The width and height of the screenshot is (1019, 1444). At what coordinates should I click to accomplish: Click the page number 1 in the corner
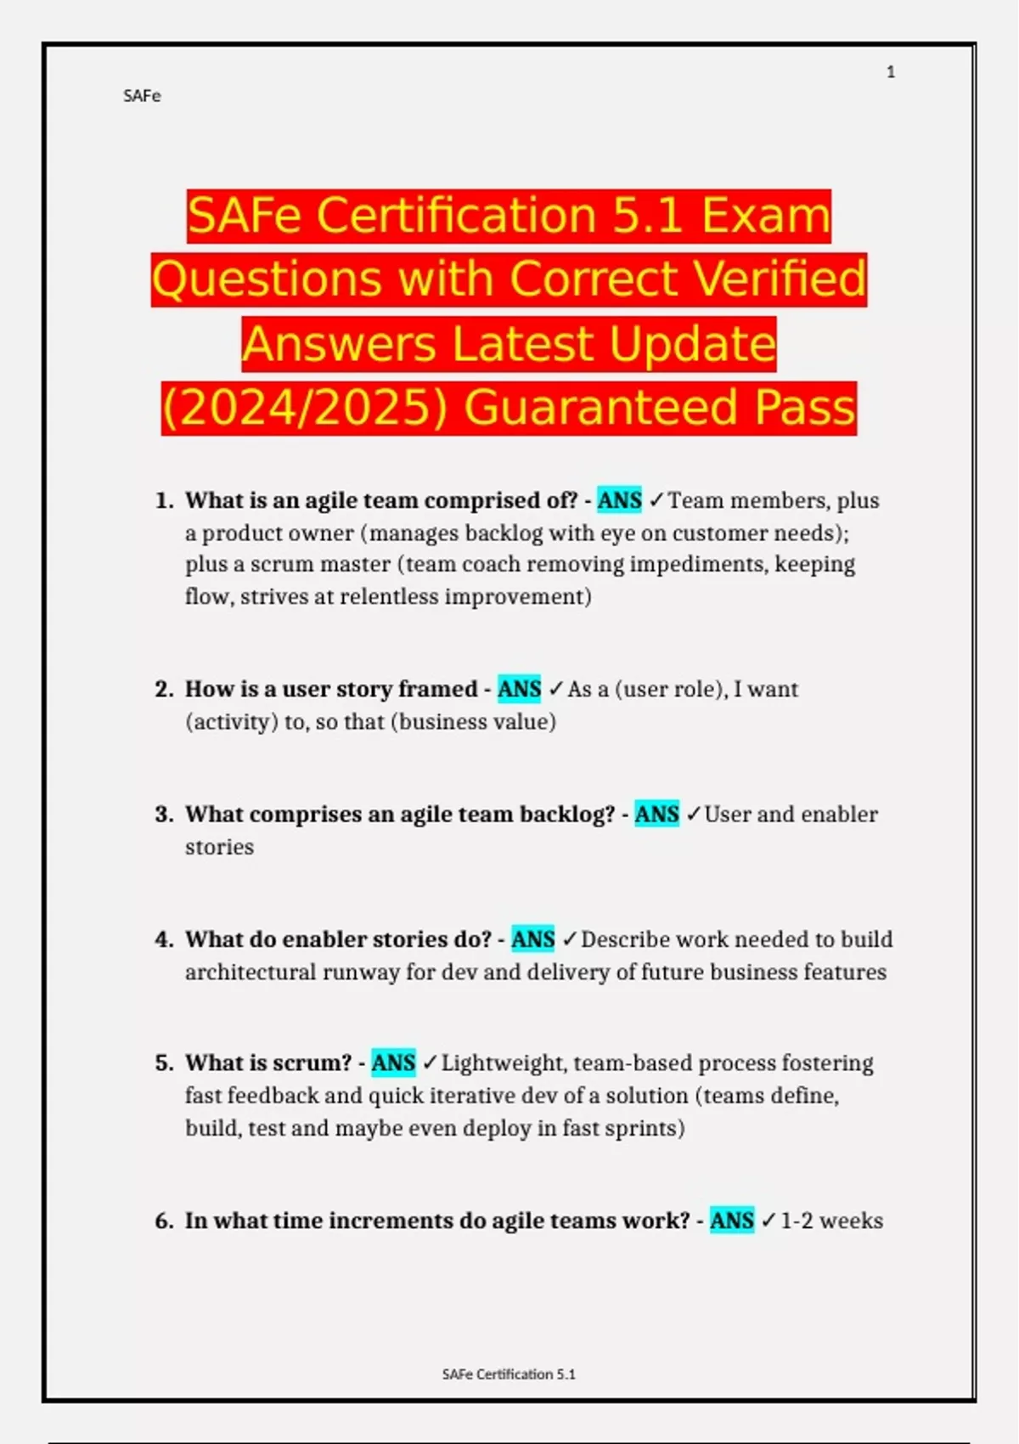(x=891, y=72)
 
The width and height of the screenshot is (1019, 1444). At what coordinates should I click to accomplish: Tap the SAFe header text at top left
(x=142, y=96)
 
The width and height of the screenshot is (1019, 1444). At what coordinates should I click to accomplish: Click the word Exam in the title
(x=765, y=216)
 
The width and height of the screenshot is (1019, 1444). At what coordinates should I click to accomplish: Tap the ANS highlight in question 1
(x=619, y=500)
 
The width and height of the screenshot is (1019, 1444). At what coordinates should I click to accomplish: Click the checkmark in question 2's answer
(x=555, y=689)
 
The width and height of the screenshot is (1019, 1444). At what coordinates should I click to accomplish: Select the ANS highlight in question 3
(x=656, y=814)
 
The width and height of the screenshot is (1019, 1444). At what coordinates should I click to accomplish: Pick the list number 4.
(x=163, y=939)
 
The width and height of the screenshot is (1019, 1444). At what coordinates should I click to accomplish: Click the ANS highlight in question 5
(x=393, y=1063)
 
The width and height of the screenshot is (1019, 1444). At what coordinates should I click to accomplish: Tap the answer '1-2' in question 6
(x=797, y=1221)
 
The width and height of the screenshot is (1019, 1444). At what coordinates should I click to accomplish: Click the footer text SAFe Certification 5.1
(x=509, y=1374)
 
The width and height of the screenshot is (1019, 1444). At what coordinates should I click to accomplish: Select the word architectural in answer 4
(x=251, y=972)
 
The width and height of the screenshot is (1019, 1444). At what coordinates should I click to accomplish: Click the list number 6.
(x=163, y=1221)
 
